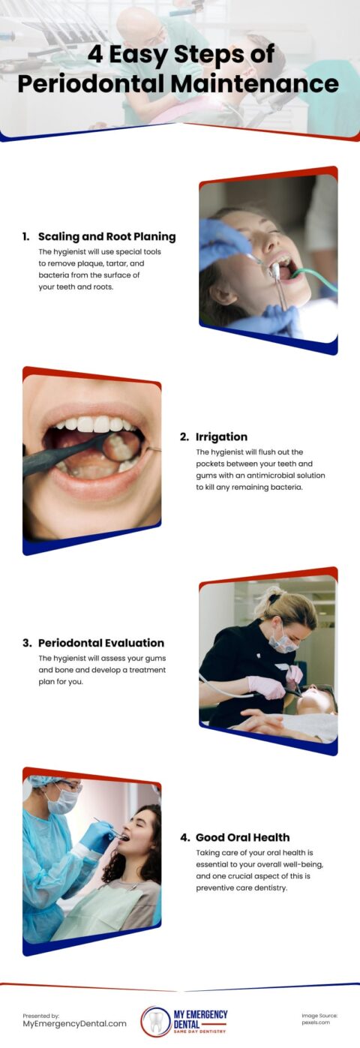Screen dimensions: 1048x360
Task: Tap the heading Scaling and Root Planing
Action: click(x=106, y=236)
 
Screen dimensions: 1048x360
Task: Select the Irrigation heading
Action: click(x=221, y=437)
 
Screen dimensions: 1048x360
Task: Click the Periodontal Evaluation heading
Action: click(x=100, y=643)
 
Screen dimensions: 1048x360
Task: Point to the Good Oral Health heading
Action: click(x=242, y=837)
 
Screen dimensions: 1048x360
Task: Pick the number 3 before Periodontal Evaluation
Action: click(x=27, y=643)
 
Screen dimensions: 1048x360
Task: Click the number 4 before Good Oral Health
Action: click(x=184, y=837)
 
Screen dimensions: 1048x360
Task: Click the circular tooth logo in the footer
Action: click(x=156, y=1021)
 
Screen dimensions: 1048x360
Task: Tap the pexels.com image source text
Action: click(x=316, y=1022)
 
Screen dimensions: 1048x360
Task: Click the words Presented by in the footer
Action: click(x=40, y=1015)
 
